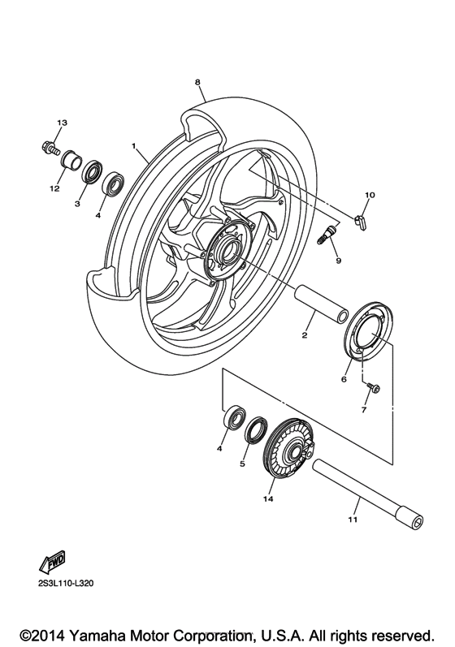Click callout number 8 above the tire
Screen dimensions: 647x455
click(197, 82)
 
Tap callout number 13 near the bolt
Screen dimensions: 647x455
click(60, 123)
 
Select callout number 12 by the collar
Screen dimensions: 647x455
click(55, 189)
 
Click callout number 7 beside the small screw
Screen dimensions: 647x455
click(364, 411)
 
